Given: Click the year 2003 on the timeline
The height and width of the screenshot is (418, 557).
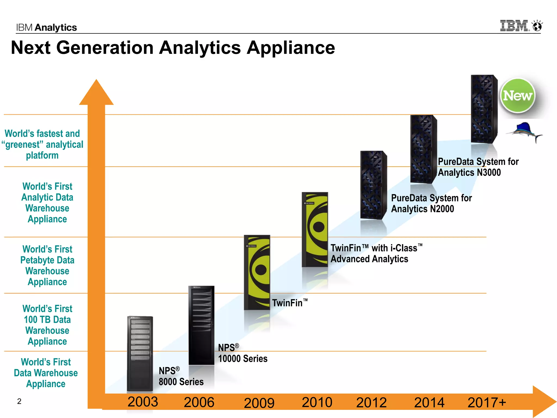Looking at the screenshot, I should pyautogui.click(x=143, y=402).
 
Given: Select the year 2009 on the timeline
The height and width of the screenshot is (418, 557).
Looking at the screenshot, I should pyautogui.click(x=259, y=403).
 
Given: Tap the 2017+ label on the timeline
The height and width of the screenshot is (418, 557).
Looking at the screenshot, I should pyautogui.click(x=487, y=402).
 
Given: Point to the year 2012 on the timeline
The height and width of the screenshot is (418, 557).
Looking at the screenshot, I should pyautogui.click(x=372, y=402).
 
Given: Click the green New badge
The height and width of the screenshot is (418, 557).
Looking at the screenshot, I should pyautogui.click(x=517, y=96).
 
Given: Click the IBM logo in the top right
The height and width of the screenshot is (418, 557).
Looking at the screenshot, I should pyautogui.click(x=514, y=26).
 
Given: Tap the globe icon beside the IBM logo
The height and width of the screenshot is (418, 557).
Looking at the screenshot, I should pyautogui.click(x=537, y=26).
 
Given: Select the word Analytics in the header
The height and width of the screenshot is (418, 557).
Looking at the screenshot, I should pyautogui.click(x=56, y=27).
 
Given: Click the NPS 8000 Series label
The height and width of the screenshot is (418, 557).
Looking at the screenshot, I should pyautogui.click(x=181, y=376).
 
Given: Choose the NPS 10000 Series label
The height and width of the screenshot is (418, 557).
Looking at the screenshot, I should pyautogui.click(x=242, y=353).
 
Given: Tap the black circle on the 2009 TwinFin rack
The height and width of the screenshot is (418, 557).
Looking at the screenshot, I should pyautogui.click(x=261, y=270).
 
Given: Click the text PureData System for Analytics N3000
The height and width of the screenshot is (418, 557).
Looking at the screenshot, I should pyautogui.click(x=478, y=167).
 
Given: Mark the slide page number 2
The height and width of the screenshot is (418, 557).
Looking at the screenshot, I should pyautogui.click(x=19, y=401).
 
